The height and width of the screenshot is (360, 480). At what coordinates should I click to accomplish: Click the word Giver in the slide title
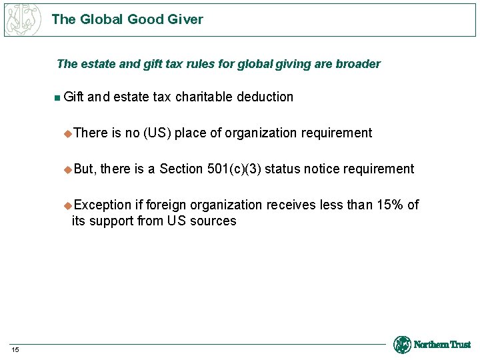pos(185,19)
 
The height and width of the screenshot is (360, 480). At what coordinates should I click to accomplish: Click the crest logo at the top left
pos(23,19)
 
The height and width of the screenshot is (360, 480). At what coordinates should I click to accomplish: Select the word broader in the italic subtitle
pos(359,64)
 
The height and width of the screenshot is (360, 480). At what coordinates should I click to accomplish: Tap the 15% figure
pos(389,205)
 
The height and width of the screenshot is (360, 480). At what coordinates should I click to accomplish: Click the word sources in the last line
pos(213,221)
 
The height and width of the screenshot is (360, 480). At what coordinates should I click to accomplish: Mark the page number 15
pos(16,350)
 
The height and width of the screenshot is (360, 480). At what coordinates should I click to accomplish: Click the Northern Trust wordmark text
pos(442,345)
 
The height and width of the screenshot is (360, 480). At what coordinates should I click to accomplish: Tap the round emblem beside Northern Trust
pos(402,345)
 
